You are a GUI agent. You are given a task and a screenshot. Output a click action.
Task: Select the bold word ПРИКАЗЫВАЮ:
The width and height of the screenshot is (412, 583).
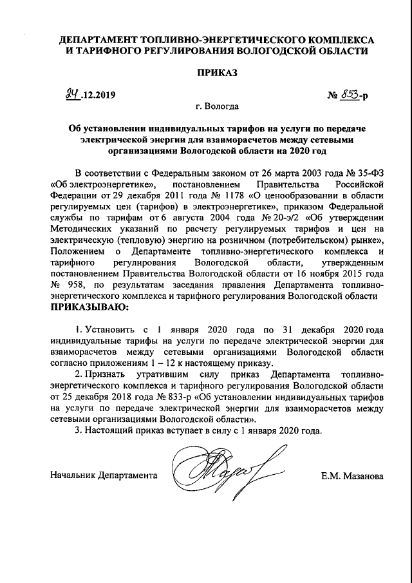[89, 307]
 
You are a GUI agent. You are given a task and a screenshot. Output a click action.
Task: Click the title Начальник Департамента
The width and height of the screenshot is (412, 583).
[104, 477]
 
